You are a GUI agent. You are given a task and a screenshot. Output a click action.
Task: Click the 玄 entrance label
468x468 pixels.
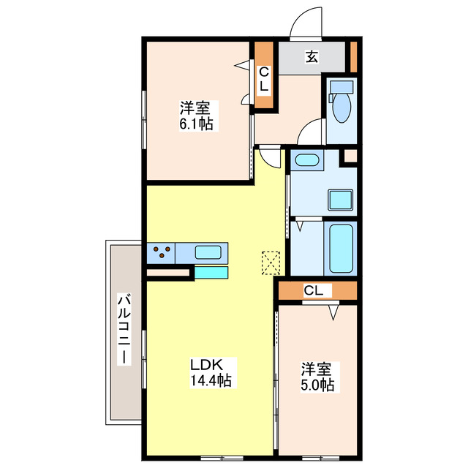[311, 57]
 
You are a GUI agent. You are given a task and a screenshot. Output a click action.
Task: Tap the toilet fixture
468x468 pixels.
[341, 107]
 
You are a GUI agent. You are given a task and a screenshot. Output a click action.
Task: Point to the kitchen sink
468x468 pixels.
[208, 252]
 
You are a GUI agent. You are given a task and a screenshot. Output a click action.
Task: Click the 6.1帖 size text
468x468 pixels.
[197, 124]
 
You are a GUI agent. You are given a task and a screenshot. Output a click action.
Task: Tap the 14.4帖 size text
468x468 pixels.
[212, 380]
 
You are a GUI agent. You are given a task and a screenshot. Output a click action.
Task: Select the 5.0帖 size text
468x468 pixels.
[317, 385]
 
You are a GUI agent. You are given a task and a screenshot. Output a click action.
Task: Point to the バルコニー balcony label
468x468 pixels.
[124, 331]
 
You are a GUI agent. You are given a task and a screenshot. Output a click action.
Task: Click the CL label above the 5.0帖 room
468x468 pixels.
[313, 291]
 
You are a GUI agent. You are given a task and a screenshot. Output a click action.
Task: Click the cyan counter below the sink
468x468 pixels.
[211, 273]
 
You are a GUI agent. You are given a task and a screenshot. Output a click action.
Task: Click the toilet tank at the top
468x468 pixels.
[341, 86]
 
